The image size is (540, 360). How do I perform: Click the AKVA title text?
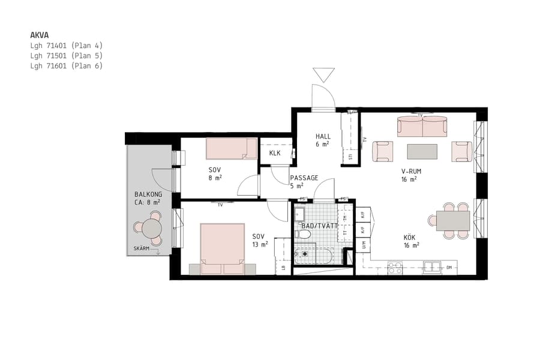pos(40,35)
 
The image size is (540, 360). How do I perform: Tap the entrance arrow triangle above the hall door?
pos(323,74)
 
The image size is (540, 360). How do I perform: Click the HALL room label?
pos(323,137)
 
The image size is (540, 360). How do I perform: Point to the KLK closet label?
pos(275,153)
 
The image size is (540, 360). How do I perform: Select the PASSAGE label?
pos(304,178)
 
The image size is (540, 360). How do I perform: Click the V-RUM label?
pos(411,172)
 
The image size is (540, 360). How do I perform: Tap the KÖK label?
pos(409,238)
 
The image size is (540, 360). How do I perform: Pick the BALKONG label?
pos(148,195)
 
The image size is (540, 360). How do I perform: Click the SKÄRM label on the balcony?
pos(142,248)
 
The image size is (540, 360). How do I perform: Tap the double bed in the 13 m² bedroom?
pos(222,248)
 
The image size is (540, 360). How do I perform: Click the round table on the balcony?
pos(152,229)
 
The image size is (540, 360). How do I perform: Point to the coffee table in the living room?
pos(422,151)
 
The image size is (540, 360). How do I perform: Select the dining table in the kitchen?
pos(453,220)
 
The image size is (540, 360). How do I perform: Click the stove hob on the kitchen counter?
pos(395,268)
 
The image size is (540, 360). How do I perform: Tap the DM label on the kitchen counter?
pos(449,268)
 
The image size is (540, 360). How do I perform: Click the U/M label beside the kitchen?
pos(364,244)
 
